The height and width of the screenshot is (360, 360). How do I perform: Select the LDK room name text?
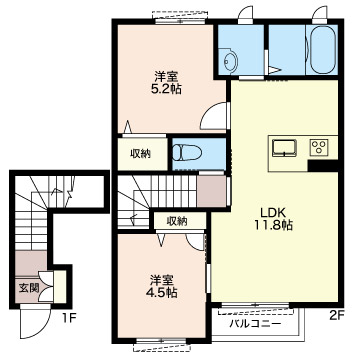[x=273, y=212]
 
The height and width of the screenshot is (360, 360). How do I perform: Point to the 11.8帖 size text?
[x=273, y=227]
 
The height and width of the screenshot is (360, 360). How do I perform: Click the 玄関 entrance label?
[x=28, y=288]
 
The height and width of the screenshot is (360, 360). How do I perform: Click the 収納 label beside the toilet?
[x=139, y=153]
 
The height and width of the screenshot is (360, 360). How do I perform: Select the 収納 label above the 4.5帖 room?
[x=176, y=220]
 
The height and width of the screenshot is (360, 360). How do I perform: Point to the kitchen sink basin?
[x=284, y=147]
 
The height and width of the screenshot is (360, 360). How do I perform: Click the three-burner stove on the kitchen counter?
[x=320, y=147]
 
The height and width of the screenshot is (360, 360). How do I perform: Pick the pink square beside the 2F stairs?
[x=211, y=190]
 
